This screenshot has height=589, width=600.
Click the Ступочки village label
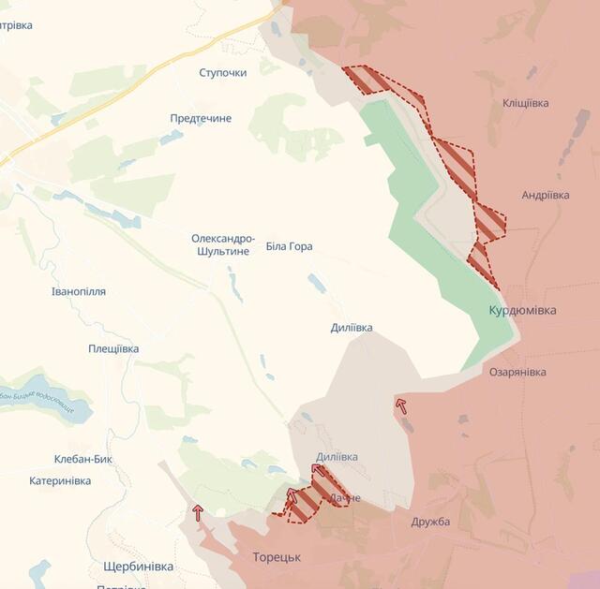point(223,72)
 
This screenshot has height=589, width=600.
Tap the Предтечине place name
point(201,118)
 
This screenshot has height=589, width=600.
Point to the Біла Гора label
point(289,246)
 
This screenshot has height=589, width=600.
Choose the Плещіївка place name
point(113,348)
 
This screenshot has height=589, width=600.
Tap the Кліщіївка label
point(526,103)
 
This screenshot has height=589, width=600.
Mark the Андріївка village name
point(546,195)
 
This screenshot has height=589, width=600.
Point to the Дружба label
point(430,522)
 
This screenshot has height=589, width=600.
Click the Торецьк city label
point(277,556)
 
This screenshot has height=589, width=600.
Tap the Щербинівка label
point(138,567)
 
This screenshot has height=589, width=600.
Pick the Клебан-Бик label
point(83,459)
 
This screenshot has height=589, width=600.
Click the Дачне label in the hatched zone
point(344,498)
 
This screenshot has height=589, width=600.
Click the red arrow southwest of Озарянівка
point(401,405)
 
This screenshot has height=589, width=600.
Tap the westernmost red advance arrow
point(198,511)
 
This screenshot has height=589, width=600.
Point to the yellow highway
point(141,79)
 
